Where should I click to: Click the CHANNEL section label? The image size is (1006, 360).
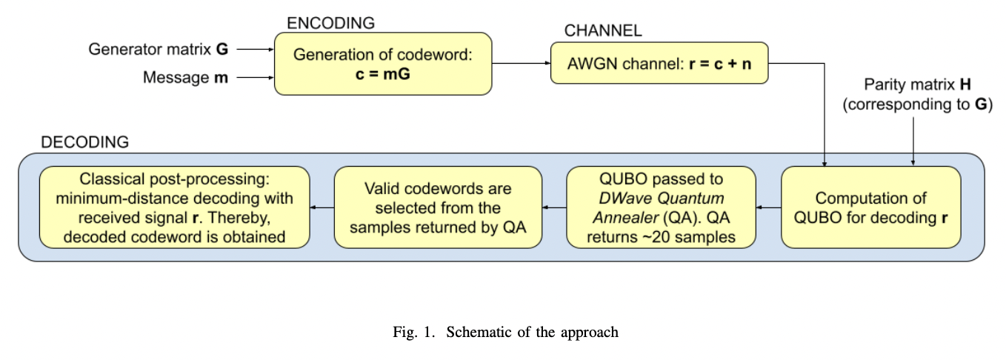point(603,30)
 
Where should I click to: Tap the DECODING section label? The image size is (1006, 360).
point(84,141)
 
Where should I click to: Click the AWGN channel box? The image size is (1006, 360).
point(659,64)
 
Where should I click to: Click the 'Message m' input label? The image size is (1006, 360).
point(186,77)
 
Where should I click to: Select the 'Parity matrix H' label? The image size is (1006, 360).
point(916,96)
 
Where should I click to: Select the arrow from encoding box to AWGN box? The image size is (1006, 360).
point(521,64)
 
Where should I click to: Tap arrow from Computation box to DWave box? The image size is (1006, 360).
point(768,207)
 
